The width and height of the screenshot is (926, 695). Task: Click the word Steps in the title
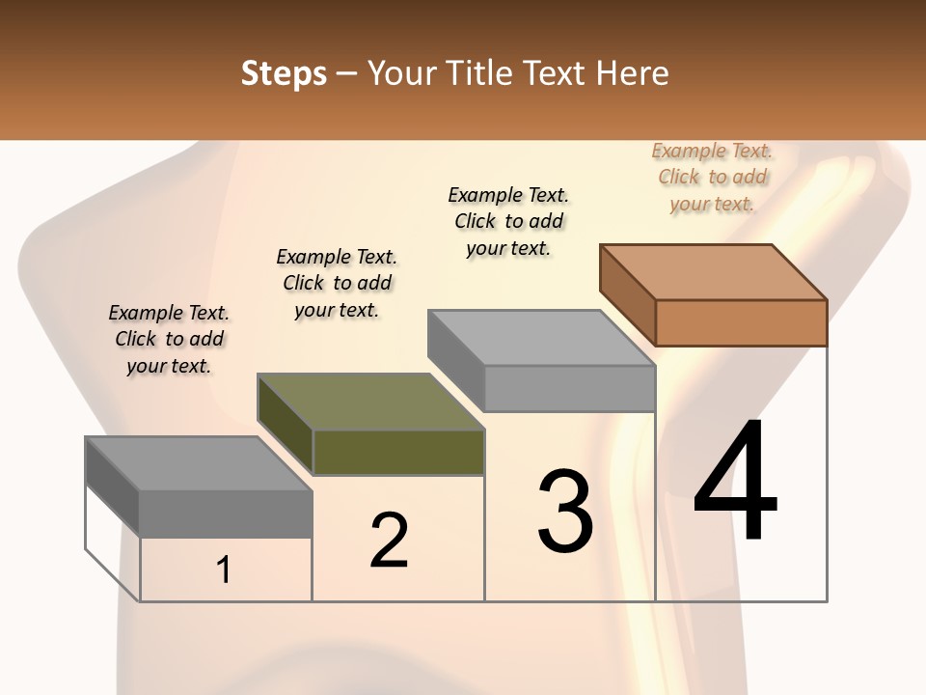284,73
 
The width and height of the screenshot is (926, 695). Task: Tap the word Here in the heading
633,73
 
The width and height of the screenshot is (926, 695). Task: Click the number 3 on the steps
565,512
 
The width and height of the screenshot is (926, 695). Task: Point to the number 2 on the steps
389,541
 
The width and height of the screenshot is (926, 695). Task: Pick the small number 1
224,570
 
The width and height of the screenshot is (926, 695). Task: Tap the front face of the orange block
741,322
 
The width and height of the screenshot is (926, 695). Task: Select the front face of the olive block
398,452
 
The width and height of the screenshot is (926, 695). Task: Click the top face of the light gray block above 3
541,338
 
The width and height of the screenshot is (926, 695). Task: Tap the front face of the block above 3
569,388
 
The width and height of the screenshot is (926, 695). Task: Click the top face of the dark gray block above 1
199,463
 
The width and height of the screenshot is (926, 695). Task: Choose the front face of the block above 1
226,514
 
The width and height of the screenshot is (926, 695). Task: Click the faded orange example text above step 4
712,177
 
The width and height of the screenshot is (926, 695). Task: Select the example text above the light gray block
508,221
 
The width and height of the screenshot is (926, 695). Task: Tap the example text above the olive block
337,283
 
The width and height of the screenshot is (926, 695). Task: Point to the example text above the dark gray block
169,339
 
